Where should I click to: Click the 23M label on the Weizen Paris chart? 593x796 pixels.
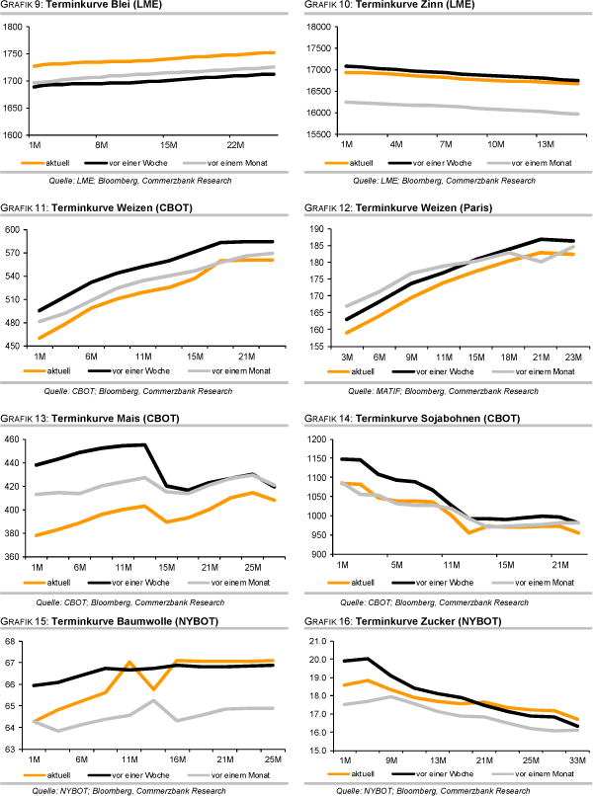(x=572, y=355)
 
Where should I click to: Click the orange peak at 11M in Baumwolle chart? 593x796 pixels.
(x=129, y=663)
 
